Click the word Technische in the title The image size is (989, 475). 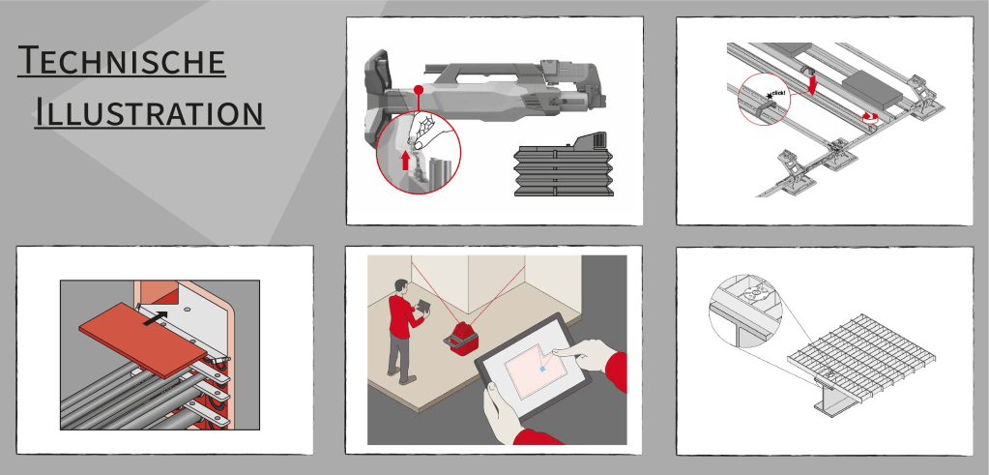click(x=122, y=61)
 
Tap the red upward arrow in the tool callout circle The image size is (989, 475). click(x=406, y=161)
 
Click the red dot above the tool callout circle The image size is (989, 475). click(x=418, y=90)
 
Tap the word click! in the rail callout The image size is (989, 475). click(x=778, y=94)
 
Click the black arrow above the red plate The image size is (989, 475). click(x=157, y=317)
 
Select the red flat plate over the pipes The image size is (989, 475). click(x=143, y=338)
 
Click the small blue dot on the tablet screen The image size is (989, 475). click(x=541, y=368)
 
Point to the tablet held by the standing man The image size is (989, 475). click(x=422, y=306)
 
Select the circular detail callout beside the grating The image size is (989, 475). click(x=745, y=311)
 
